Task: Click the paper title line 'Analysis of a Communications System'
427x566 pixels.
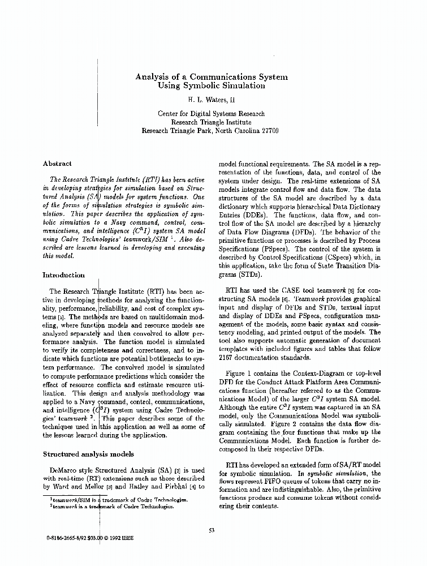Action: (211, 76)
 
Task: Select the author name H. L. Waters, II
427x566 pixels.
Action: (211, 100)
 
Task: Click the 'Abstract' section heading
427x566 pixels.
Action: (57, 164)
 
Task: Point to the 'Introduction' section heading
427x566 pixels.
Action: (64, 275)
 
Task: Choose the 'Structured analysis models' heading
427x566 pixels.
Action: (88, 454)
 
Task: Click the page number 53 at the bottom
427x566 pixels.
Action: (212, 530)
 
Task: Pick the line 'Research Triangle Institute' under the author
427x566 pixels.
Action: (211, 122)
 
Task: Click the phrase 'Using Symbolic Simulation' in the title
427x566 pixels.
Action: (212, 86)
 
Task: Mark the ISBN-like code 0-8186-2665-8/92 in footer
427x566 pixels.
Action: (64, 541)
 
